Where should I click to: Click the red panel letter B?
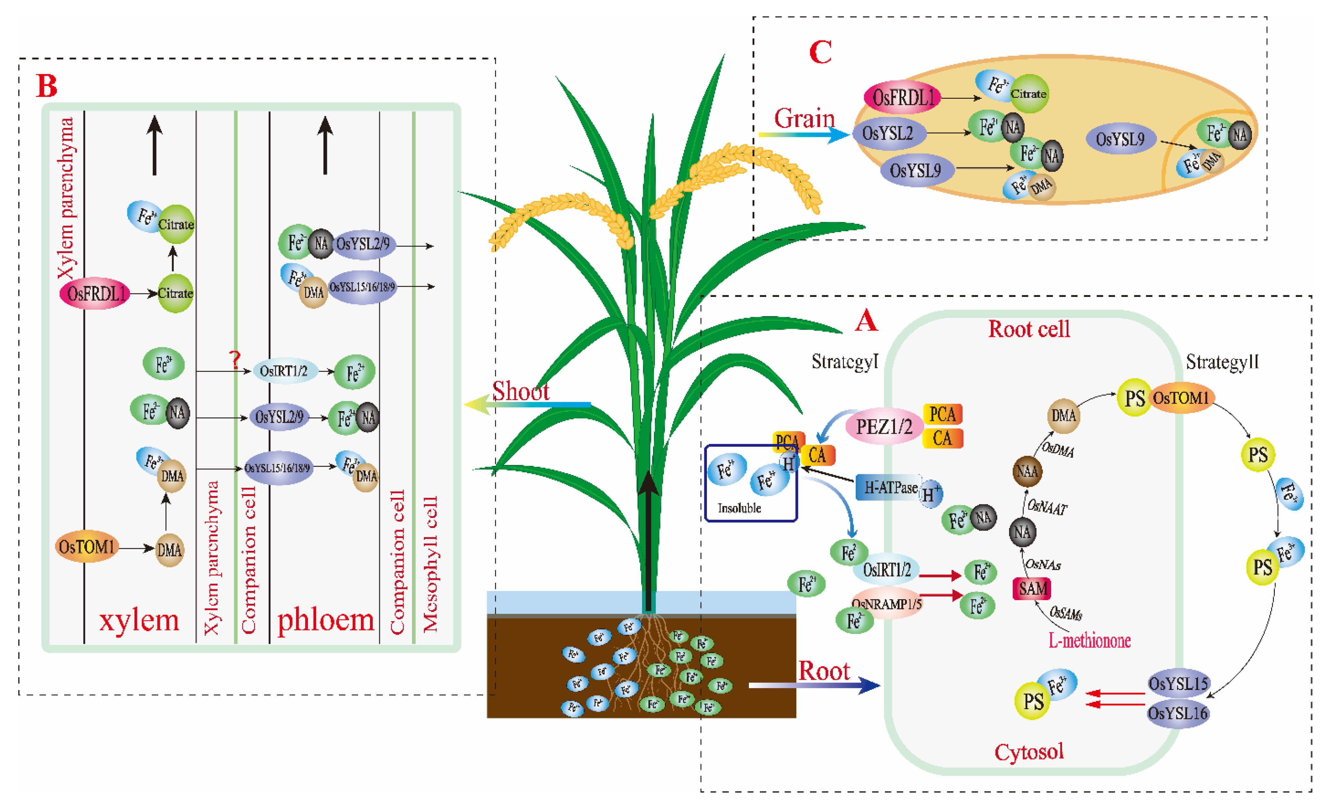47,86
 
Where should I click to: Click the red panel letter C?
820,53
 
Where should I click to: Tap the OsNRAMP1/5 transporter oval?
886,604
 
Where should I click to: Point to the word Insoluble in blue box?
739,508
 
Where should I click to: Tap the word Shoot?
520,391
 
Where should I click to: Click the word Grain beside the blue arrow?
804,118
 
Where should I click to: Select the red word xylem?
139,620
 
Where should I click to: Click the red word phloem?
325,620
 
